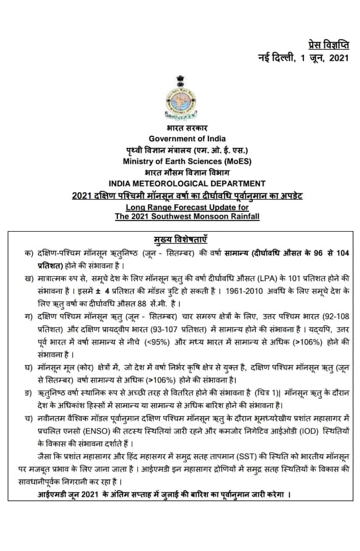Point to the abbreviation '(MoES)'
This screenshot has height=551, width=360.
pyautogui.click(x=235, y=161)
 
